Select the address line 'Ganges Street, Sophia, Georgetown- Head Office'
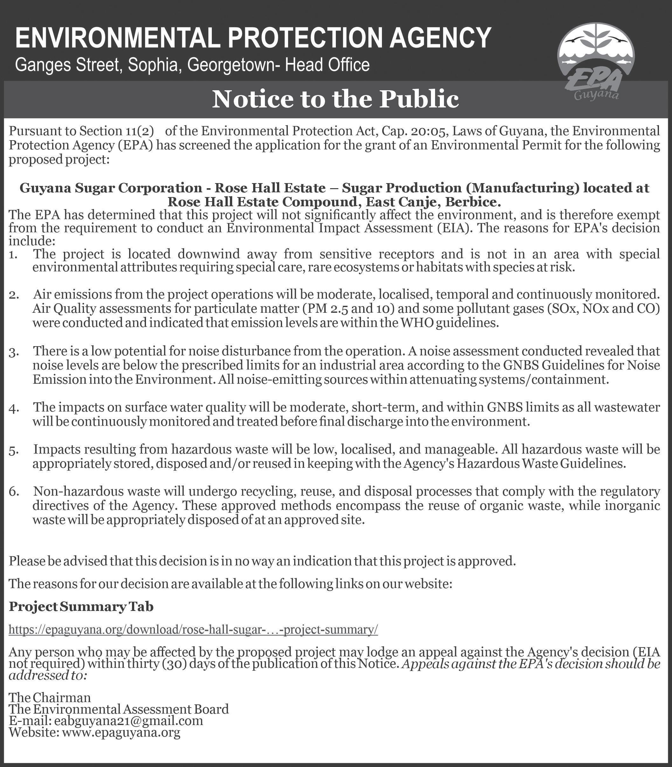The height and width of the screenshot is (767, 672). point(192,65)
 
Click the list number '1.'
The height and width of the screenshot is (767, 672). point(13,255)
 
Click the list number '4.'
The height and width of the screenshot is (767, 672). point(14,408)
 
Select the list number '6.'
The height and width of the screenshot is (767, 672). point(14,492)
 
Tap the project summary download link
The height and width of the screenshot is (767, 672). point(193,629)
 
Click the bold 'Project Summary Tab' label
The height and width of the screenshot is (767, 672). point(81,606)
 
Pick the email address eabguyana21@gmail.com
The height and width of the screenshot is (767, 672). point(128,721)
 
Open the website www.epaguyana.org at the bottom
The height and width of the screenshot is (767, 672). point(121,732)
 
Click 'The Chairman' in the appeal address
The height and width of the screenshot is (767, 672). point(50,697)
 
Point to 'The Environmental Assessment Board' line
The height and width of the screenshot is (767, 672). point(119,709)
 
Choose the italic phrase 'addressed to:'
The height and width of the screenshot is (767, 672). point(48,675)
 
